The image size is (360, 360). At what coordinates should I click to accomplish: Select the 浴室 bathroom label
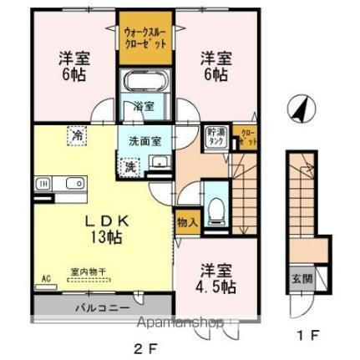tap(145, 107)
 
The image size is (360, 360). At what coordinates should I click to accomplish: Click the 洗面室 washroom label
tap(145, 139)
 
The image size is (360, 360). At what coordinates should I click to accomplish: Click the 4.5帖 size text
tap(215, 286)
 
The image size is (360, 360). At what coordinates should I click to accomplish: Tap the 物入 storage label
tap(186, 223)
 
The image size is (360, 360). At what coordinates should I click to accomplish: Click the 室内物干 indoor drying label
tap(82, 271)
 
